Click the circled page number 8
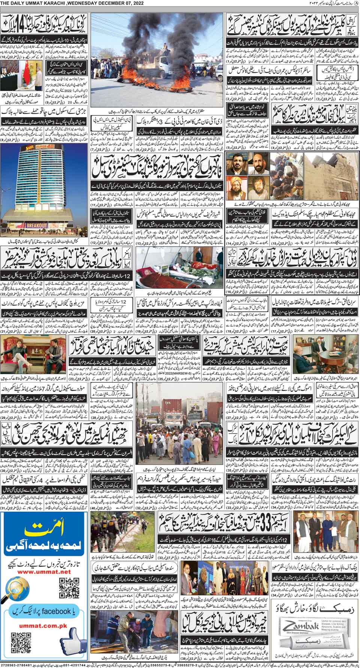pos(356,3)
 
